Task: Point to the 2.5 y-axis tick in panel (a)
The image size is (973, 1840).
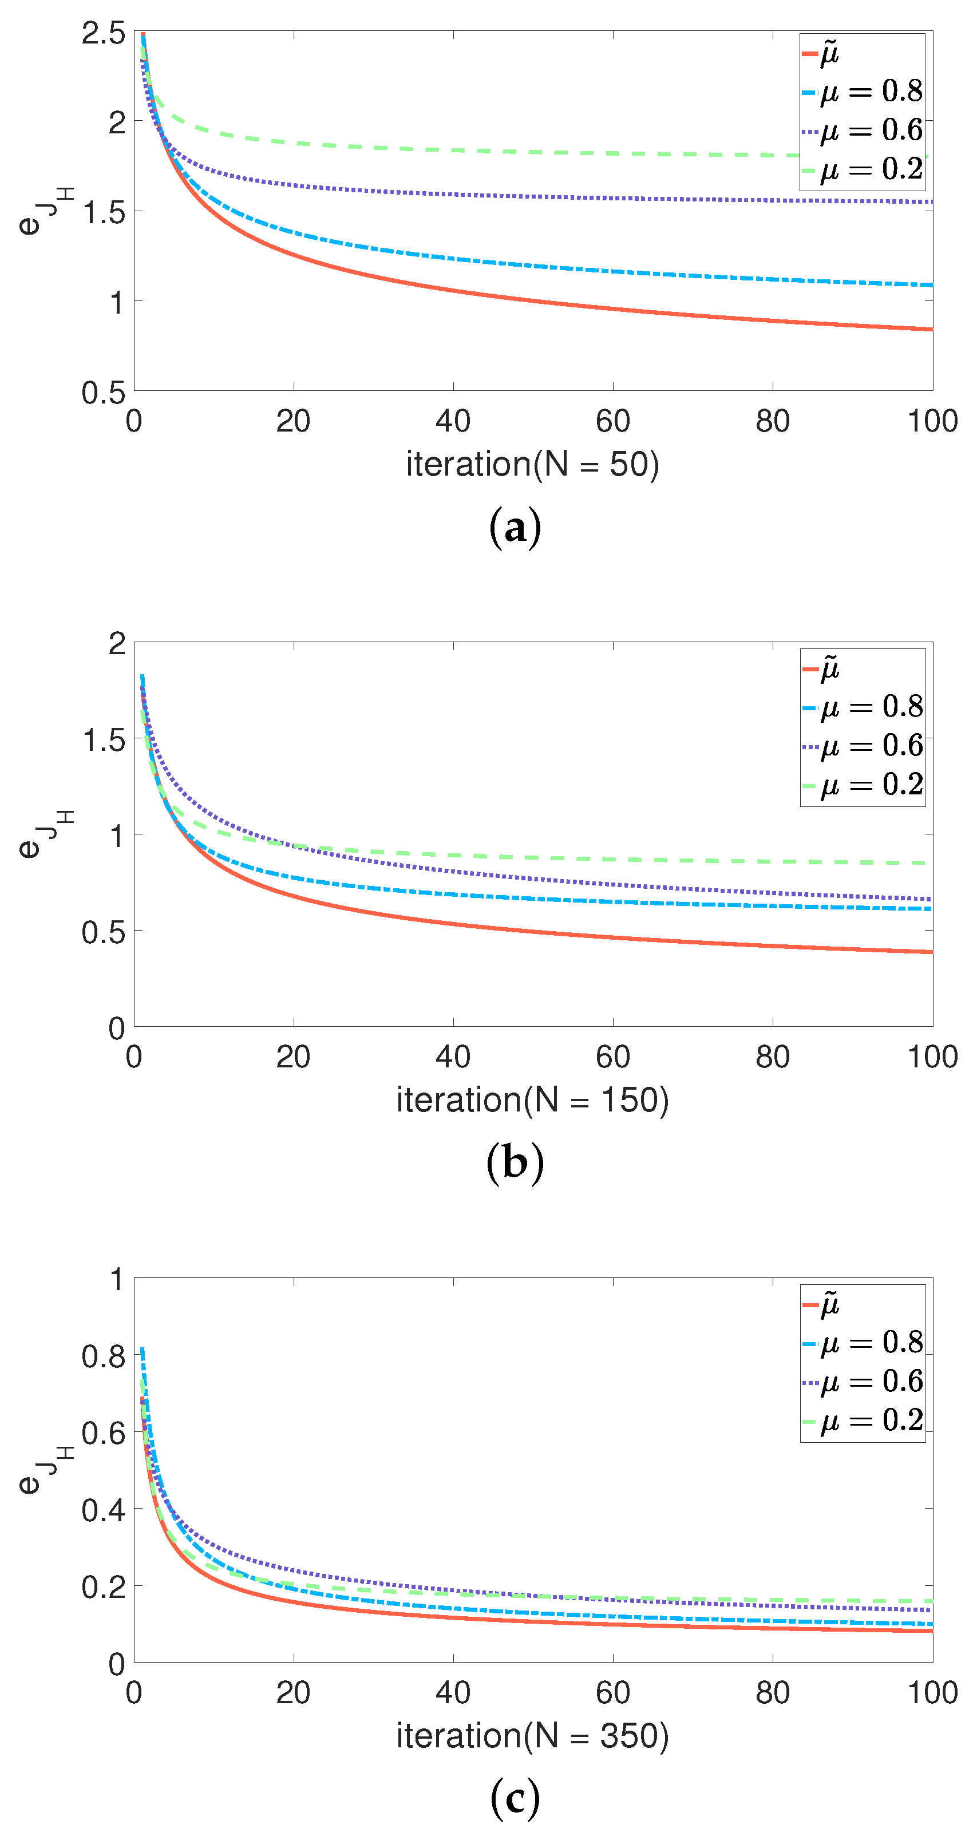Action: pyautogui.click(x=104, y=34)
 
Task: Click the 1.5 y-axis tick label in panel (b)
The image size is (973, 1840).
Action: pyautogui.click(x=104, y=740)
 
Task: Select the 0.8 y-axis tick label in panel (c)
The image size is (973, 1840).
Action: pyautogui.click(x=104, y=1356)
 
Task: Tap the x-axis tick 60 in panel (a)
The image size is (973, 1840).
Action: pyautogui.click(x=612, y=421)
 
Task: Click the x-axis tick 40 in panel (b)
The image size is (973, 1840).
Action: pyautogui.click(x=453, y=1057)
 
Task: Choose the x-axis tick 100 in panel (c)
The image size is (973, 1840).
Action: pyautogui.click(x=932, y=1693)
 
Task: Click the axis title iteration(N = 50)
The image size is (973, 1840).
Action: pyautogui.click(x=532, y=464)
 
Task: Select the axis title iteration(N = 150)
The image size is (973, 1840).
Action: pyautogui.click(x=532, y=1100)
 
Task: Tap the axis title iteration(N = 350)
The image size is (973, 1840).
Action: pyautogui.click(x=532, y=1736)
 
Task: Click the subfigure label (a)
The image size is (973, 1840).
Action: pyautogui.click(x=515, y=529)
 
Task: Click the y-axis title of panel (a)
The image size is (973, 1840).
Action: pyautogui.click(x=43, y=211)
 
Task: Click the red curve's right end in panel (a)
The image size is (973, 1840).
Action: pyautogui.click(x=931, y=329)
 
